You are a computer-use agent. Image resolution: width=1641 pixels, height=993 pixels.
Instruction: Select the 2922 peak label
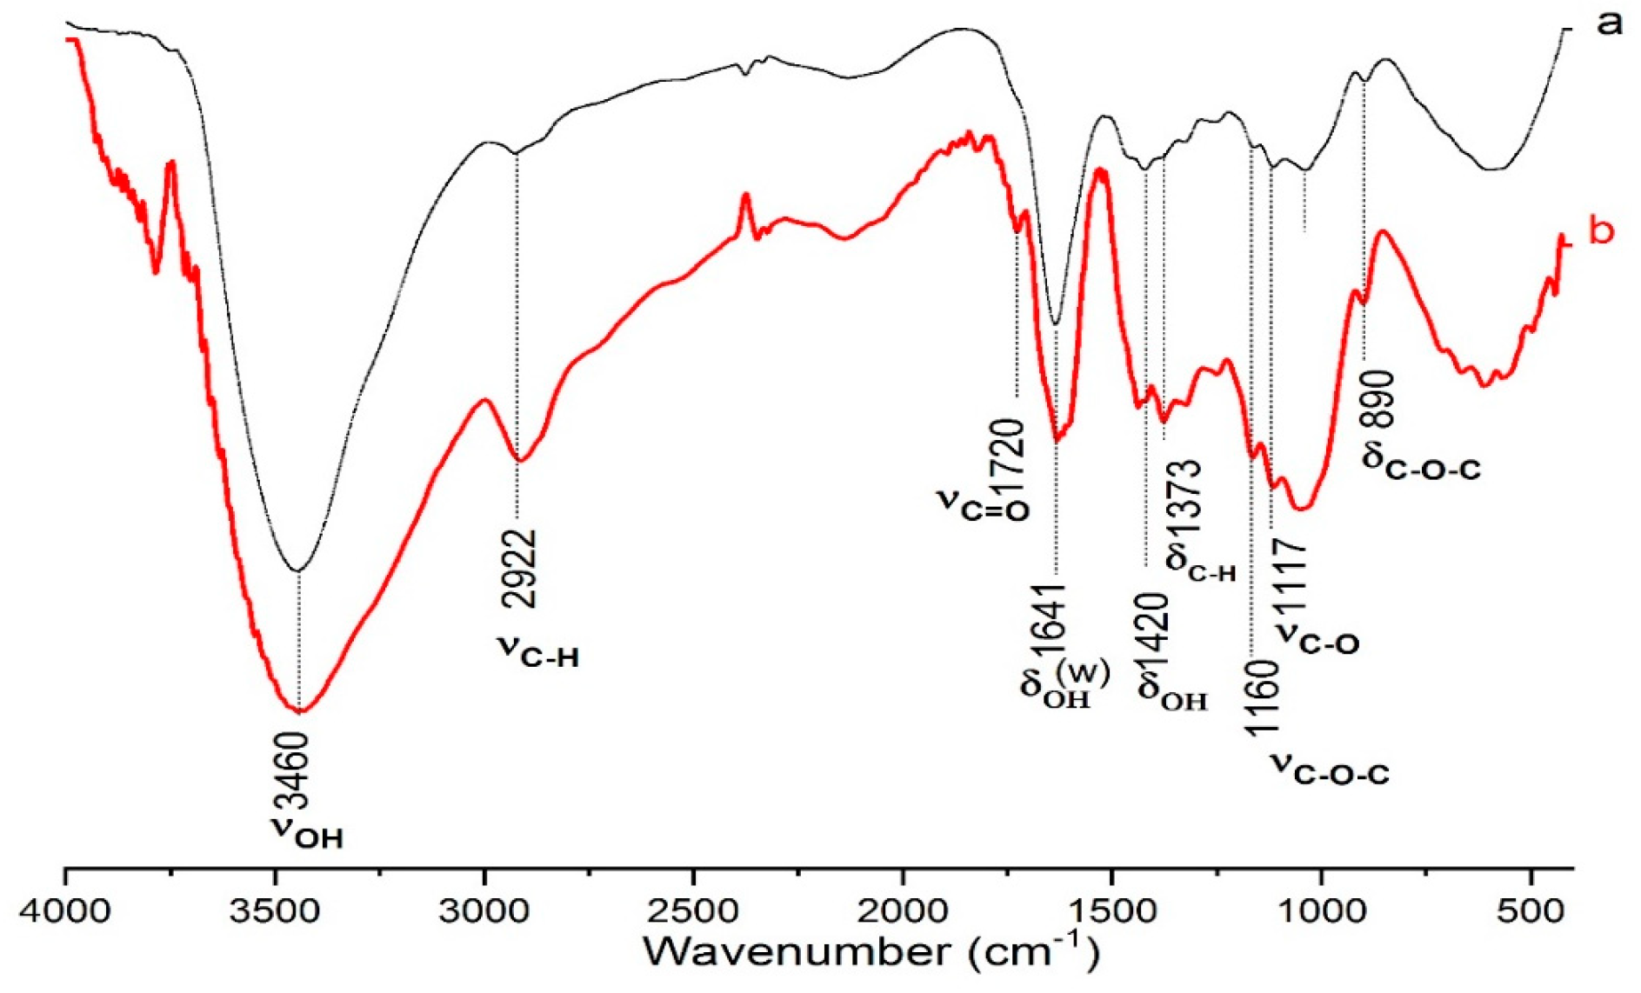(519, 569)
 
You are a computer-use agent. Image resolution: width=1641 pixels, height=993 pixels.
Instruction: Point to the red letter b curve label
(1601, 231)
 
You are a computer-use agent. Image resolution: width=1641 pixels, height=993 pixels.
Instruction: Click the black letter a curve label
(1610, 23)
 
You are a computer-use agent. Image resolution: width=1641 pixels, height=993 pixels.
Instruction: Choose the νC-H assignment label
(538, 650)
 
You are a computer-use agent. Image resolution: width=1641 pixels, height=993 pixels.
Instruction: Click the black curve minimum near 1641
(1056, 324)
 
